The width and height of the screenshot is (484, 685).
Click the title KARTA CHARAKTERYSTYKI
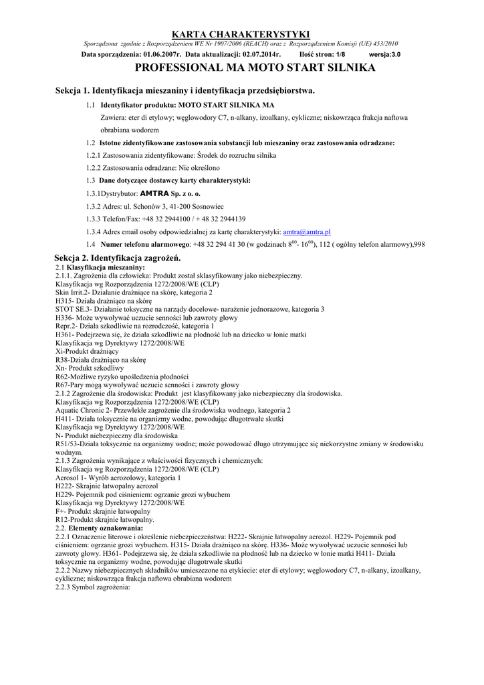[241, 34]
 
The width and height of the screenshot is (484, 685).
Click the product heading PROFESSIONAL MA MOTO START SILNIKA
[255, 68]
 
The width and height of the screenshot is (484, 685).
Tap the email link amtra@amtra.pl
[307, 231]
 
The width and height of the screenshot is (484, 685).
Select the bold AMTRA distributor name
[154, 193]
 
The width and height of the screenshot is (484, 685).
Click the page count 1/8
[340, 54]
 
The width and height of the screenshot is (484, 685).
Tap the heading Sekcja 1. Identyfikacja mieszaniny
[185, 90]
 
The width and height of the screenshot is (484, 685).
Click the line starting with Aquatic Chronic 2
[173, 410]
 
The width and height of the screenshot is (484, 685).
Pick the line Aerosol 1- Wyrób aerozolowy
[118, 478]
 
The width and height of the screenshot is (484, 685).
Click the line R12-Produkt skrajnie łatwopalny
[105, 520]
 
